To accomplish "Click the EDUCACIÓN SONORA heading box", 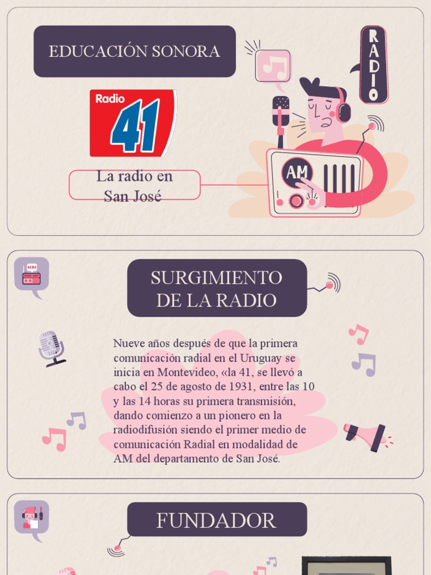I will point(134,51).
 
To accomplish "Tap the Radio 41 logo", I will point(133,123).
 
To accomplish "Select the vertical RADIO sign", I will point(374,65).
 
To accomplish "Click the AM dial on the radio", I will point(297,172).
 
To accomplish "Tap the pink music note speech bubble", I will point(273,66).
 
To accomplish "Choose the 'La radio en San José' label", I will point(134,185).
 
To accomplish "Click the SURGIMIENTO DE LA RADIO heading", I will point(217,289).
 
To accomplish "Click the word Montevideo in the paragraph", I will point(186,372).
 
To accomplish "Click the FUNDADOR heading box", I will point(217,520).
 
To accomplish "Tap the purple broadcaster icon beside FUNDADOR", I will point(31,517).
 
